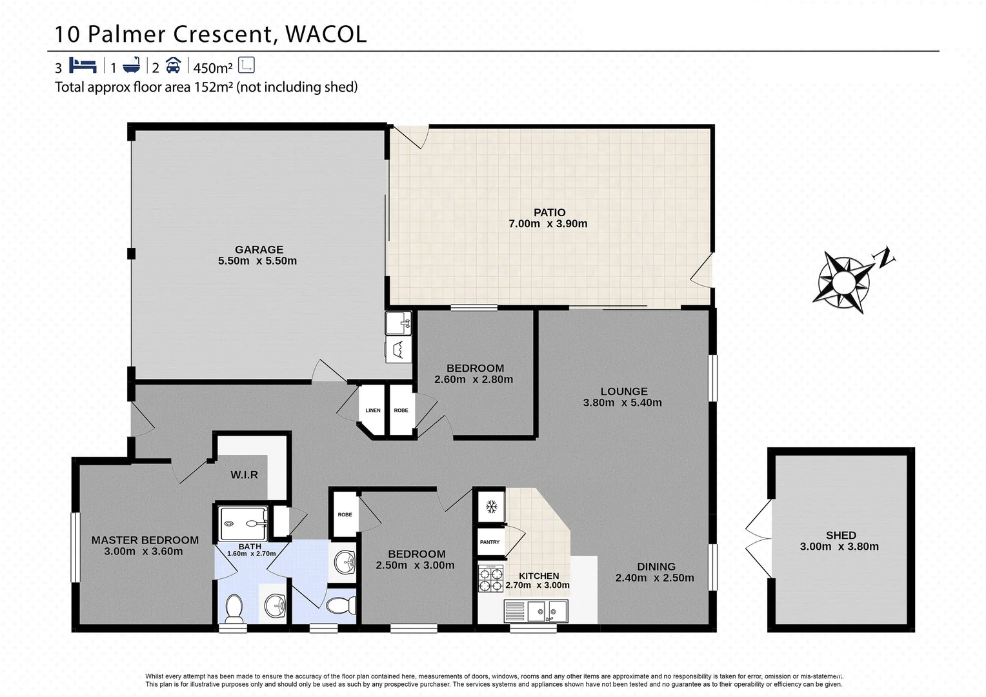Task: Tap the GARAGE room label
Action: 259,249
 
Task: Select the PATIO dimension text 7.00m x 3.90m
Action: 548,224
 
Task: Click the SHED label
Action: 841,535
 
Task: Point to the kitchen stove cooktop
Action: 490,578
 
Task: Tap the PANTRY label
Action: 490,542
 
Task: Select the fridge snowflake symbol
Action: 491,507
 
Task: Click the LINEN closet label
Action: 373,410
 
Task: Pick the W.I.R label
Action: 245,475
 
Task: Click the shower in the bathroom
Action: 243,523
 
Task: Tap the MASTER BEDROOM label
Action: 145,540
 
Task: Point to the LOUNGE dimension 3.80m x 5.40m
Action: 623,403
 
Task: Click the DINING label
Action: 656,567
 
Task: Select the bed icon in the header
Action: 83,66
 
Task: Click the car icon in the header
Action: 173,66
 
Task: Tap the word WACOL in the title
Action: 326,34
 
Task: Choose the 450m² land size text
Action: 213,68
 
